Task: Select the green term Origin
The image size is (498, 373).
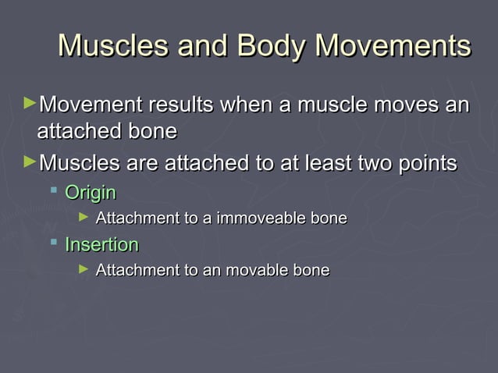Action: point(91,193)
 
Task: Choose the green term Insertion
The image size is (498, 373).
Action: point(101,245)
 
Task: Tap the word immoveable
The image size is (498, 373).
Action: point(261,218)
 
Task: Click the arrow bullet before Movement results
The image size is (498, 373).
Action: point(30,102)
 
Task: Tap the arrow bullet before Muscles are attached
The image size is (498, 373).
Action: point(30,162)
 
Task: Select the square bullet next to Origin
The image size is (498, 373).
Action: point(54,190)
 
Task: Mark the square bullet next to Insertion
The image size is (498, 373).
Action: point(54,243)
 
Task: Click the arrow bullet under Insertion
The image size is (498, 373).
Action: point(84,268)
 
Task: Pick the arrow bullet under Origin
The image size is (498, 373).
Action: point(84,216)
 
